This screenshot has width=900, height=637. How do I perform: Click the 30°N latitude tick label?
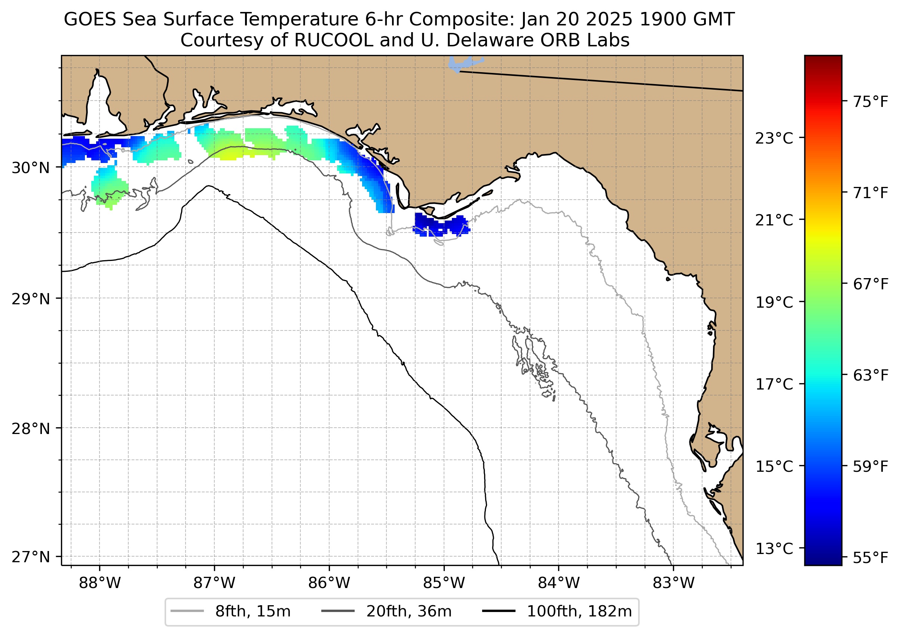[31, 168]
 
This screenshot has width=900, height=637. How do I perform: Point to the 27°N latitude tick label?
[31, 557]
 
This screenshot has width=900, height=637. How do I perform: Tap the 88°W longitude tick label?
[100, 583]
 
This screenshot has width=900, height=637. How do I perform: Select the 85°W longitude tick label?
[444, 583]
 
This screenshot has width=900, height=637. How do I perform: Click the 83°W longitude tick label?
[674, 583]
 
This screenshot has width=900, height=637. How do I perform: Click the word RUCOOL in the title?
[333, 40]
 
